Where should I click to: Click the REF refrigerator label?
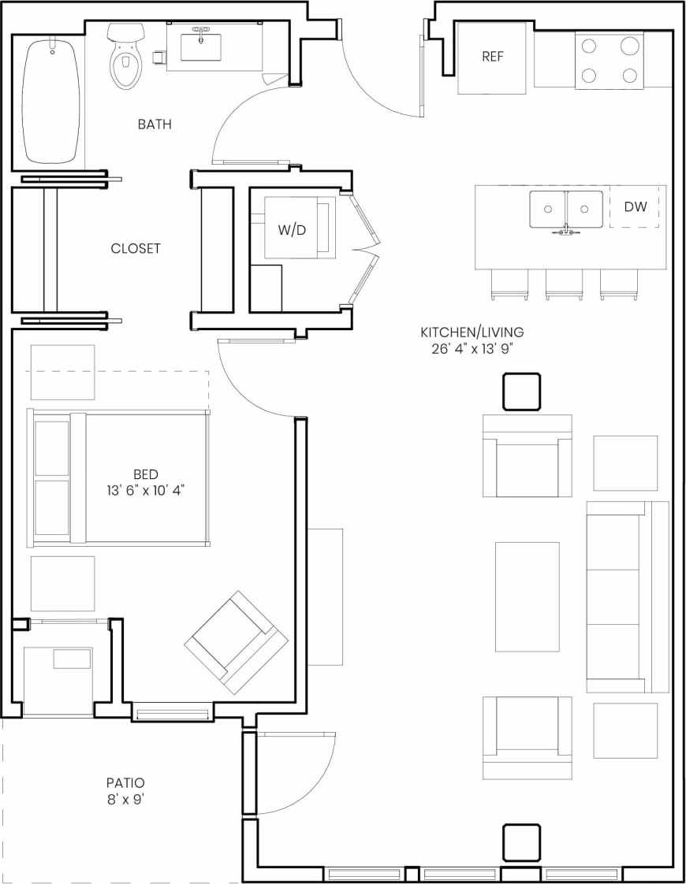492,57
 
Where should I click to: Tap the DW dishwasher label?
635,207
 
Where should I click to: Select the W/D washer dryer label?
291,230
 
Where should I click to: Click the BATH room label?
155,124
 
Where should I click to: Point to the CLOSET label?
135,248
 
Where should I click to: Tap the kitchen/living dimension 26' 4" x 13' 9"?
472,349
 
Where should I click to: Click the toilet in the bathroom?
125,57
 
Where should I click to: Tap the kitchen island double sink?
565,210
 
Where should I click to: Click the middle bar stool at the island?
564,284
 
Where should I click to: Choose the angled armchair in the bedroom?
235,642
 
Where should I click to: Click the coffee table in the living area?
527,596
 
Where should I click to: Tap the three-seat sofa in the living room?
627,596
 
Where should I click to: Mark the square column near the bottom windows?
521,842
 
